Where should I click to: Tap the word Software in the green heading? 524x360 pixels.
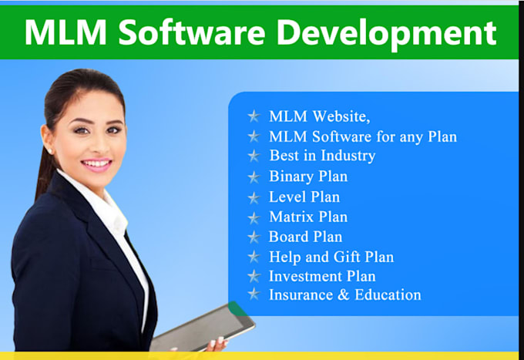pos(192,32)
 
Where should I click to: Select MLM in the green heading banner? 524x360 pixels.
pos(65,32)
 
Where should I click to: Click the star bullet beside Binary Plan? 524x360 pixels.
pos(254,177)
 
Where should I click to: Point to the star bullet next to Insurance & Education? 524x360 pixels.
pos(254,294)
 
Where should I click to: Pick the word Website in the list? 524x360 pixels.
pos(341,116)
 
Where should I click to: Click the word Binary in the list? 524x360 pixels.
pos(291,177)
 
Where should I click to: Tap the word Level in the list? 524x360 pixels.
pos(287,197)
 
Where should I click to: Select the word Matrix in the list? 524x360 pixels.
pos(291,217)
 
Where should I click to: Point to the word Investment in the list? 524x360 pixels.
pos(305,276)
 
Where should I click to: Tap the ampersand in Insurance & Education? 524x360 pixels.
pos(343,294)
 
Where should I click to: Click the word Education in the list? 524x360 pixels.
pos(388,294)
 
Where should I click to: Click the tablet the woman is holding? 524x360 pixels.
pos(203,328)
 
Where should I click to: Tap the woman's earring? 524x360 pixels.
pos(49,152)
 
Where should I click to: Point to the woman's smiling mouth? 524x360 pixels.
pos(96,164)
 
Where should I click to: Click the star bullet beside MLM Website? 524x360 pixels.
pos(254,116)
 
